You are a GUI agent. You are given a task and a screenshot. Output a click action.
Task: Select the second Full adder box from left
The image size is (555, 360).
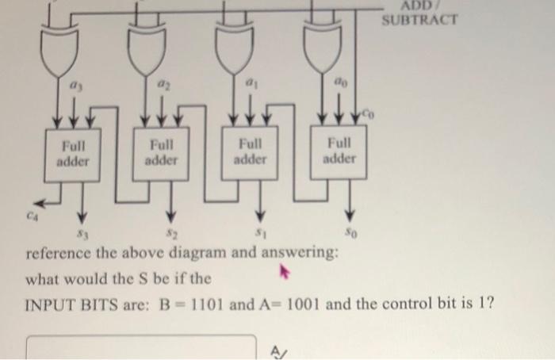[163, 152]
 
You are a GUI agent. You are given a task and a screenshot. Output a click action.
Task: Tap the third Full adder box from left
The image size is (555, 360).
[251, 152]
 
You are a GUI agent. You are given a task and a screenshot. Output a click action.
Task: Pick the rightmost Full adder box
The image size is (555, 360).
[339, 152]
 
